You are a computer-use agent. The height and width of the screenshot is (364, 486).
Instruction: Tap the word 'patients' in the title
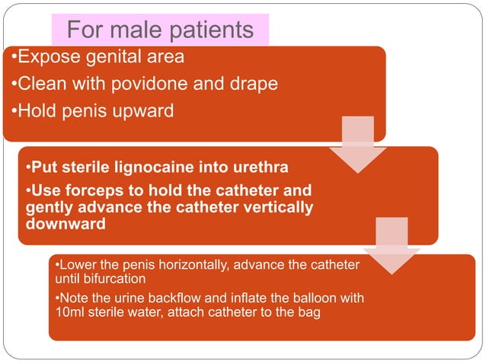(x=207, y=30)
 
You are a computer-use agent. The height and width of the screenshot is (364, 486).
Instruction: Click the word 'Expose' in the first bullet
(x=50, y=57)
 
